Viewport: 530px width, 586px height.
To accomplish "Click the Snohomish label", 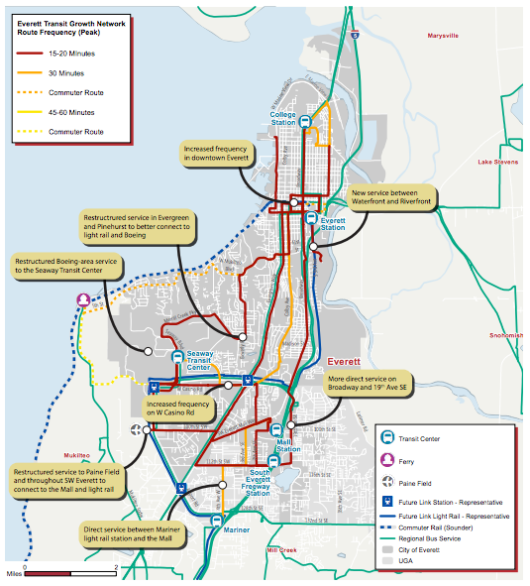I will point(505,335).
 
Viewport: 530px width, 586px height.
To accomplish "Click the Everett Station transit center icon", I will point(310,219).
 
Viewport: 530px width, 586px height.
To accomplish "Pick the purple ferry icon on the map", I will point(84,299).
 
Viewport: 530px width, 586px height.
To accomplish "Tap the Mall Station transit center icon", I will point(277,430).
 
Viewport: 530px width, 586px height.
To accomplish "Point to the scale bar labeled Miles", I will point(69,572).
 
